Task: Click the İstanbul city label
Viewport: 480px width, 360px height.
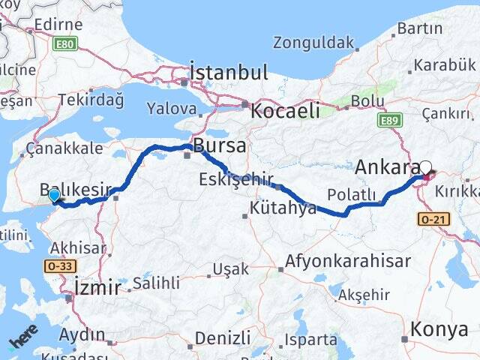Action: [229, 73]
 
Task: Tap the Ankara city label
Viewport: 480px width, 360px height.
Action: [386, 166]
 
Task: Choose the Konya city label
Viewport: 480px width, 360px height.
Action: [440, 328]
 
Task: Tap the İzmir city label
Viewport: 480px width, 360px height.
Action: [98, 286]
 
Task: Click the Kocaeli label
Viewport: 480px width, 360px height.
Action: [285, 111]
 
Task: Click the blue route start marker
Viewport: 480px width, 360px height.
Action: [54, 196]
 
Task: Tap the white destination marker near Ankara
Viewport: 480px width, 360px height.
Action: [426, 169]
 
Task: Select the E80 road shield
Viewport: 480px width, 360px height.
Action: [65, 44]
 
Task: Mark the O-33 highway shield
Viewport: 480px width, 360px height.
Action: [59, 265]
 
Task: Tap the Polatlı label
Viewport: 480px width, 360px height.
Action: [351, 195]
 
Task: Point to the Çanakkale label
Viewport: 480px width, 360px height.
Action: [64, 148]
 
